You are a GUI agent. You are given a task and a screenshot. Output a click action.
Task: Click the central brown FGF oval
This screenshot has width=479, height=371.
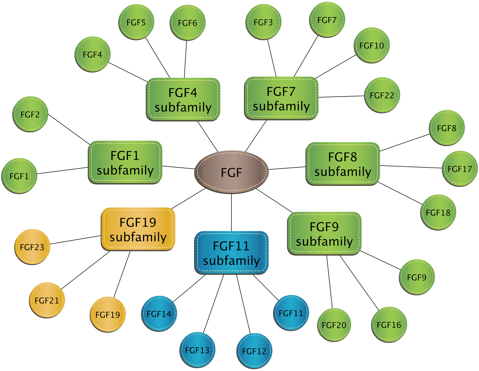point(231,172)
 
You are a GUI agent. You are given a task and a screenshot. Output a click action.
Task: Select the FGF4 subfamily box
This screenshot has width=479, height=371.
point(183,99)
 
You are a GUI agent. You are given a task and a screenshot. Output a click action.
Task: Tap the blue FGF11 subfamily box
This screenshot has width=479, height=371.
point(231,253)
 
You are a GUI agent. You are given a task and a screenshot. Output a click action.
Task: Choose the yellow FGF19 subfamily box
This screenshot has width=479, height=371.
point(138,229)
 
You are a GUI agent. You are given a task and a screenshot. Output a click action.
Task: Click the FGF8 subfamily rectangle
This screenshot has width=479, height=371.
point(343,164)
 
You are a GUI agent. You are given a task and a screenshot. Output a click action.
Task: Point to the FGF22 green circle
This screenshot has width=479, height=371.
point(382,95)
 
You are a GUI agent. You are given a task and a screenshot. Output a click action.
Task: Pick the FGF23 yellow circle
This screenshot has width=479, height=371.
point(32,247)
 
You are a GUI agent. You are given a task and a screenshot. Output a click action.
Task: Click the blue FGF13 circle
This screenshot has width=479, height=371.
point(197,350)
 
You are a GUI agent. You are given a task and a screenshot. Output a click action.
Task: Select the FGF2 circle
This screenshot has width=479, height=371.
point(30,114)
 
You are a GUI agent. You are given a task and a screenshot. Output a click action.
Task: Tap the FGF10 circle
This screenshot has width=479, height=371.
point(372,45)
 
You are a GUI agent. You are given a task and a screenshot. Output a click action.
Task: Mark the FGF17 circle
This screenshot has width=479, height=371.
point(460,169)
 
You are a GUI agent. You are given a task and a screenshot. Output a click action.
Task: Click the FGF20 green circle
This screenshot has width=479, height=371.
point(334,325)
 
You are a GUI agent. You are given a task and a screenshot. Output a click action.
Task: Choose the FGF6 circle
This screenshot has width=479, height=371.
point(187,23)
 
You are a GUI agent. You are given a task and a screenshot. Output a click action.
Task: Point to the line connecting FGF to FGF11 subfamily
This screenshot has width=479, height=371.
point(231,213)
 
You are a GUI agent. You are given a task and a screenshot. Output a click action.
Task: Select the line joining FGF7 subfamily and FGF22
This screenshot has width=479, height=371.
point(341,97)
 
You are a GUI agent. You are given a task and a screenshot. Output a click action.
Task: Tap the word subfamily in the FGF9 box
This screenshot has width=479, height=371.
point(324,241)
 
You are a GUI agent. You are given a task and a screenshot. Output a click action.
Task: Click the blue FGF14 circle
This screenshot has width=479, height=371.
point(159,314)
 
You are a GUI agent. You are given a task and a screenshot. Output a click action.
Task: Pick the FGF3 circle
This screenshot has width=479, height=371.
point(263,22)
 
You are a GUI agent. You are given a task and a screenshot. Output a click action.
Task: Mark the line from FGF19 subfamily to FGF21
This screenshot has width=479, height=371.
point(86,270)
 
